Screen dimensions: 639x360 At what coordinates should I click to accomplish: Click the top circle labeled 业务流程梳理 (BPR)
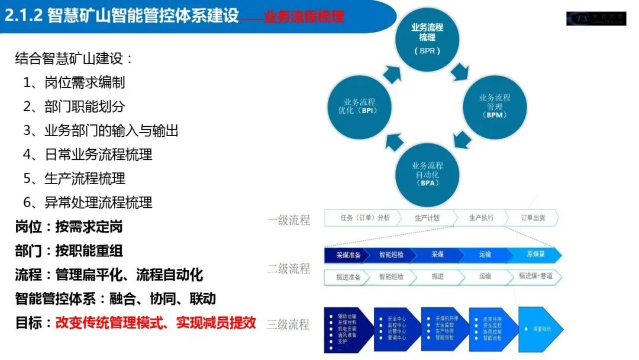pyautogui.click(x=427, y=39)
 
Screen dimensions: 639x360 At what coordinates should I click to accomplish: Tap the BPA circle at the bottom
pyautogui.click(x=427, y=173)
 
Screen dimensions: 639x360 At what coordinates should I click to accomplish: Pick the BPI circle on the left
pyautogui.click(x=360, y=107)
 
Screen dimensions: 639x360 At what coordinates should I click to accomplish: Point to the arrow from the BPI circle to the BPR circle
pyautogui.click(x=392, y=73)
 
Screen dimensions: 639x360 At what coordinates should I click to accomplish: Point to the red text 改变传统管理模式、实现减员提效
pyautogui.click(x=156, y=323)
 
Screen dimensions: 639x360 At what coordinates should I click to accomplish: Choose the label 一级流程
pyautogui.click(x=289, y=220)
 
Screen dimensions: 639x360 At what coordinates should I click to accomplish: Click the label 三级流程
pyautogui.click(x=289, y=324)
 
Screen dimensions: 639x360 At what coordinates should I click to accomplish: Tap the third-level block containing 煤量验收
pyautogui.click(x=540, y=329)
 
